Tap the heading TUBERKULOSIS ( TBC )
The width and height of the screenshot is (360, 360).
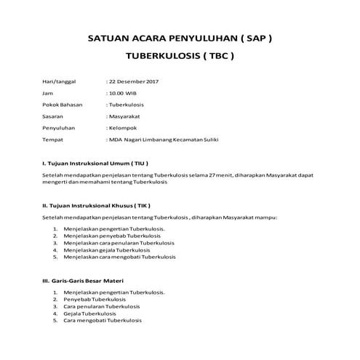(x=180, y=56)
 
